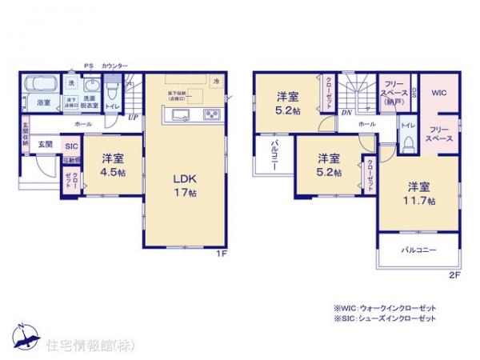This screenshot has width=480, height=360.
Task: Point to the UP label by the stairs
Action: [x=132, y=117]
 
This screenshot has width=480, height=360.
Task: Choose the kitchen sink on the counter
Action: [x=178, y=117]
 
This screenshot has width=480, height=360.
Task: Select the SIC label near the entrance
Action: [x=70, y=146]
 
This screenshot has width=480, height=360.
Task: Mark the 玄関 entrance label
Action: [x=46, y=145]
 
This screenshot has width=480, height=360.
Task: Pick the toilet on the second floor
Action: [x=407, y=141]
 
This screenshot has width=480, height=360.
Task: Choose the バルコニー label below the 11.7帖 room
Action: [x=417, y=250]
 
